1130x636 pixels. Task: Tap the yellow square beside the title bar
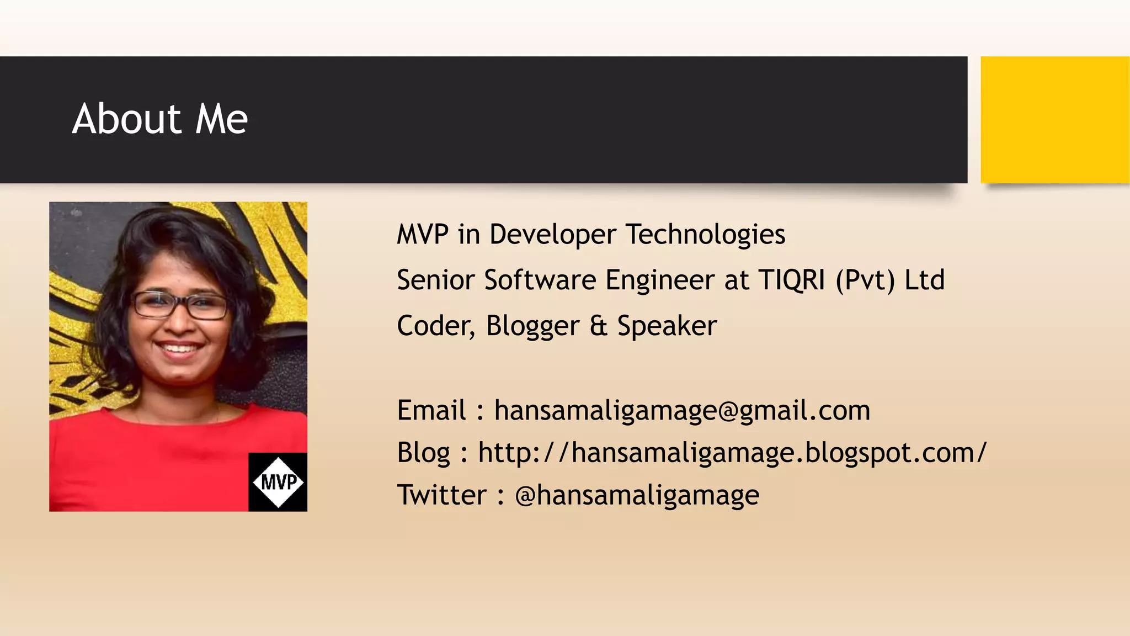(1054, 119)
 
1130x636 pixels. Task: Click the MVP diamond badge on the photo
(278, 482)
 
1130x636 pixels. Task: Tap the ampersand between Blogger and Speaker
(598, 326)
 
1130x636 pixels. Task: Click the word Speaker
(667, 326)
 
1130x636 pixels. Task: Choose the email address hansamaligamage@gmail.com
(682, 411)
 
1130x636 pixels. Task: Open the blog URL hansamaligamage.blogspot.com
(732, 453)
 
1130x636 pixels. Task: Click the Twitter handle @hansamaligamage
(637, 495)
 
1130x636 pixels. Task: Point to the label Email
(431, 411)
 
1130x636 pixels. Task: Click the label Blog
(423, 453)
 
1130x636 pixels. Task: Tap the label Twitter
(441, 495)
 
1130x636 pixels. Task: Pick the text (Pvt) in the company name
(865, 280)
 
